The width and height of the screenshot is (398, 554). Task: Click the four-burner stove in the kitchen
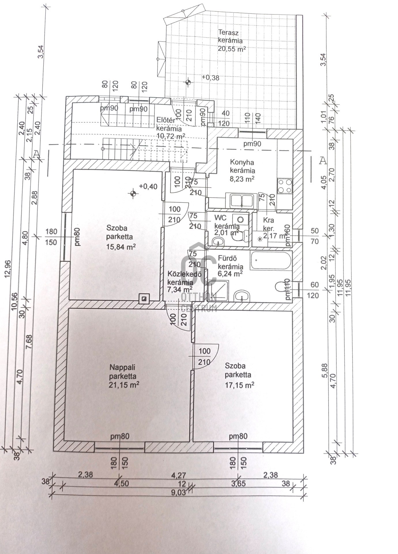pos(285,186)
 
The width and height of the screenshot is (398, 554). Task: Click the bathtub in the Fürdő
pos(271,261)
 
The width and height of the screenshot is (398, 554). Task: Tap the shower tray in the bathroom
pos(218,291)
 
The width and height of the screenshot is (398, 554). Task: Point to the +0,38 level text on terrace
pos(210,78)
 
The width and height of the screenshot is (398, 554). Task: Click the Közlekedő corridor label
pos(184,274)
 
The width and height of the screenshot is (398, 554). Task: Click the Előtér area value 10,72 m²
pos(171,136)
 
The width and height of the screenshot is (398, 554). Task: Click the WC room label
pos(220,218)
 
